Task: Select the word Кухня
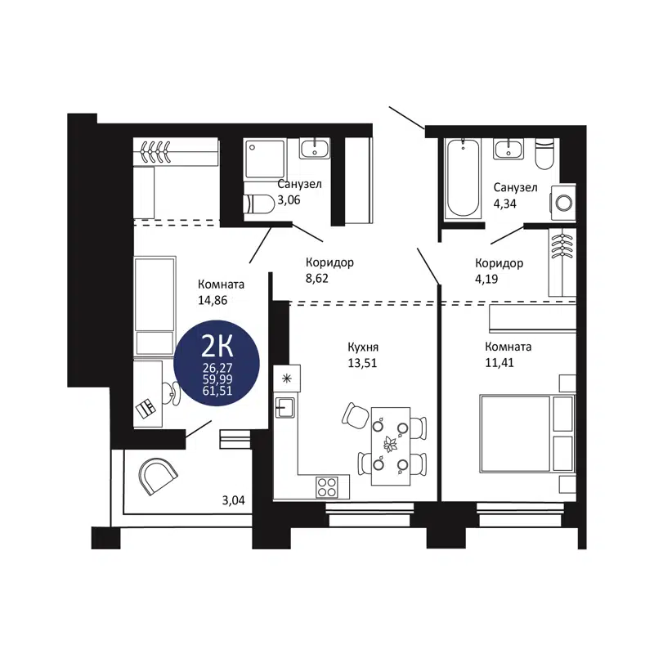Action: point(362,347)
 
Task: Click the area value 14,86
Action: point(213,299)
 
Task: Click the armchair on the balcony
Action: point(158,474)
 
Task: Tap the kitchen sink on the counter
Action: point(285,406)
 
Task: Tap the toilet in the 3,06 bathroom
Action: point(260,204)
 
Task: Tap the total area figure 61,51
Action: point(218,390)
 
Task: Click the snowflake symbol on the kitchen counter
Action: point(286,378)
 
